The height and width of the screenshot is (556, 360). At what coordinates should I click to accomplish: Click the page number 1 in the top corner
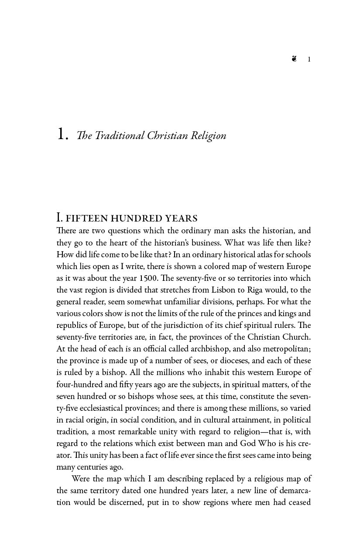[309, 59]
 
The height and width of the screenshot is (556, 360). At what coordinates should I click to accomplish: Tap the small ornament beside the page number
[295, 59]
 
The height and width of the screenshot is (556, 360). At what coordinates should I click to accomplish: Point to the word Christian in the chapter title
[165, 136]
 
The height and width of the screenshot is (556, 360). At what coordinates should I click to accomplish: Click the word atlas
[240, 255]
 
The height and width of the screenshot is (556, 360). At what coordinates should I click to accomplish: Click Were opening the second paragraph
[81, 479]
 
